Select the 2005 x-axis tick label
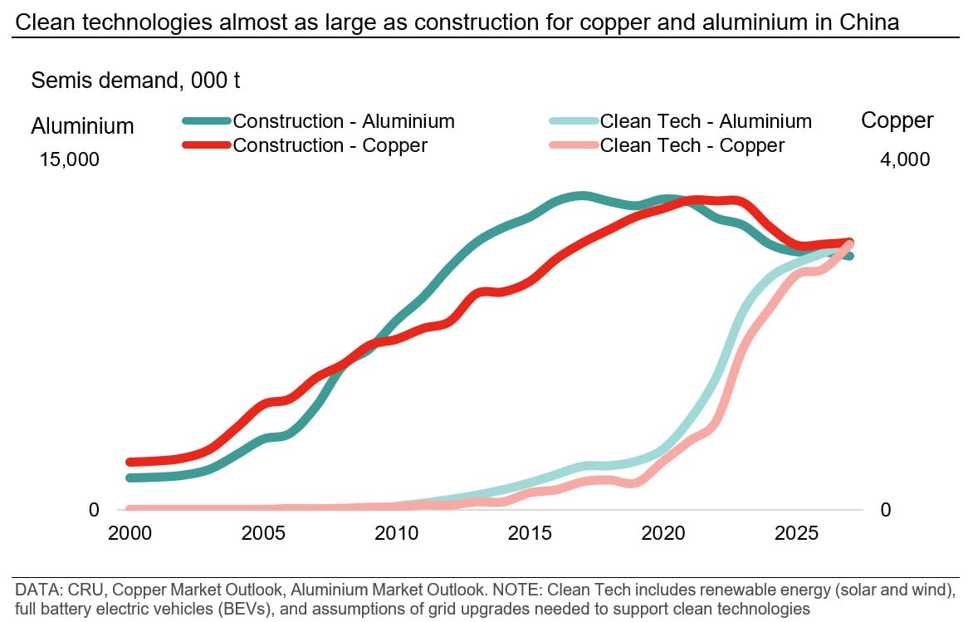click(264, 531)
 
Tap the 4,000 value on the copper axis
click(905, 159)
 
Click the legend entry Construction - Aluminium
click(344, 121)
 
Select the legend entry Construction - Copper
click(330, 145)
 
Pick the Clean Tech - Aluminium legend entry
click(706, 121)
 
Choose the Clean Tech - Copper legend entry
click(692, 145)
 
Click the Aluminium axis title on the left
click(82, 126)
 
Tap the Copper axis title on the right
click(897, 120)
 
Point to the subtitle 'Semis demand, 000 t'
click(135, 81)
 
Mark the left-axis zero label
click(94, 509)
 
